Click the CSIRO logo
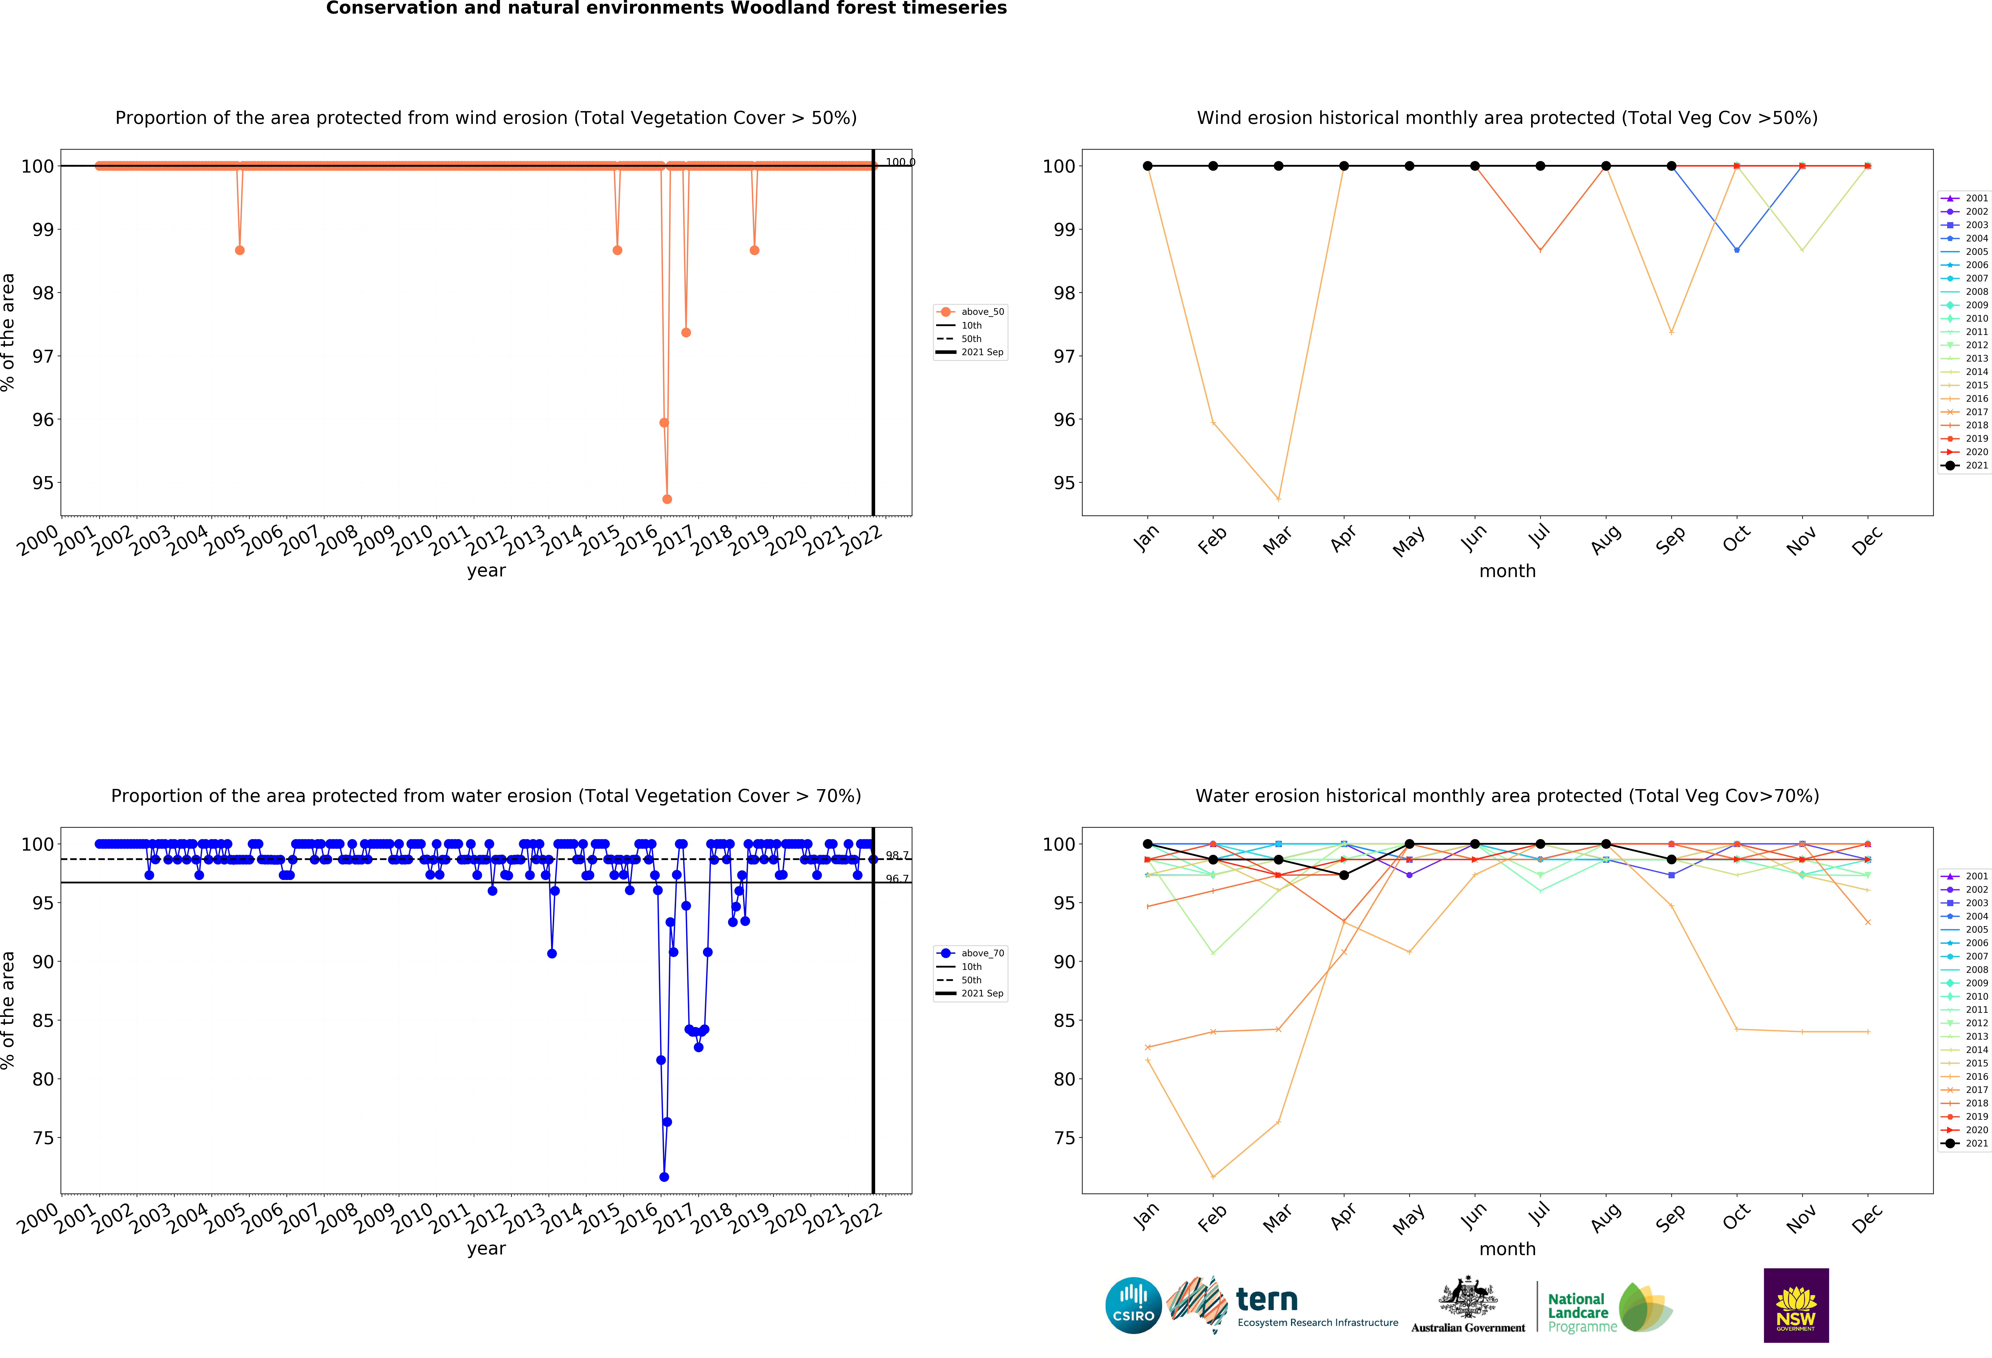[x=1133, y=1306]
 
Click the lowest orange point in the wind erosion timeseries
[x=667, y=499]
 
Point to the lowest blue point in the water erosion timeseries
[x=664, y=1177]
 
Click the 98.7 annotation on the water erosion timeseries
[x=897, y=856]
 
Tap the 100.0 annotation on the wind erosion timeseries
[x=899, y=162]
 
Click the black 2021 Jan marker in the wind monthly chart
[x=1148, y=166]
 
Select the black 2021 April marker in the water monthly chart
[x=1344, y=875]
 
